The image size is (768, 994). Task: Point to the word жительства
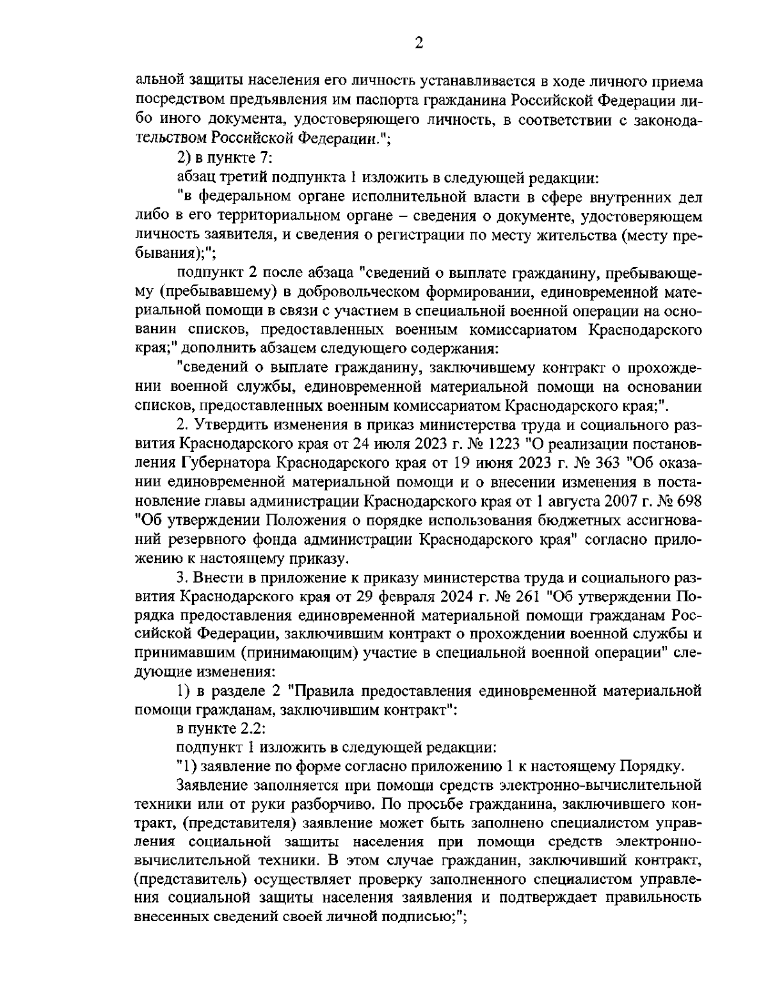[573, 236]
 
